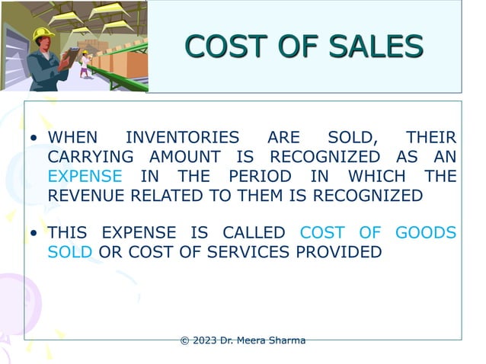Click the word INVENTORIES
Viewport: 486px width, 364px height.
(x=182, y=139)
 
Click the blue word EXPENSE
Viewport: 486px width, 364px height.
(x=85, y=177)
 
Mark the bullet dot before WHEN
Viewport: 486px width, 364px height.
(x=34, y=139)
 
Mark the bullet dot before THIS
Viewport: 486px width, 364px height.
(x=34, y=234)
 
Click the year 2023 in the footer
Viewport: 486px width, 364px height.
(x=204, y=340)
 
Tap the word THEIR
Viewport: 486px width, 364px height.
(x=431, y=139)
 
